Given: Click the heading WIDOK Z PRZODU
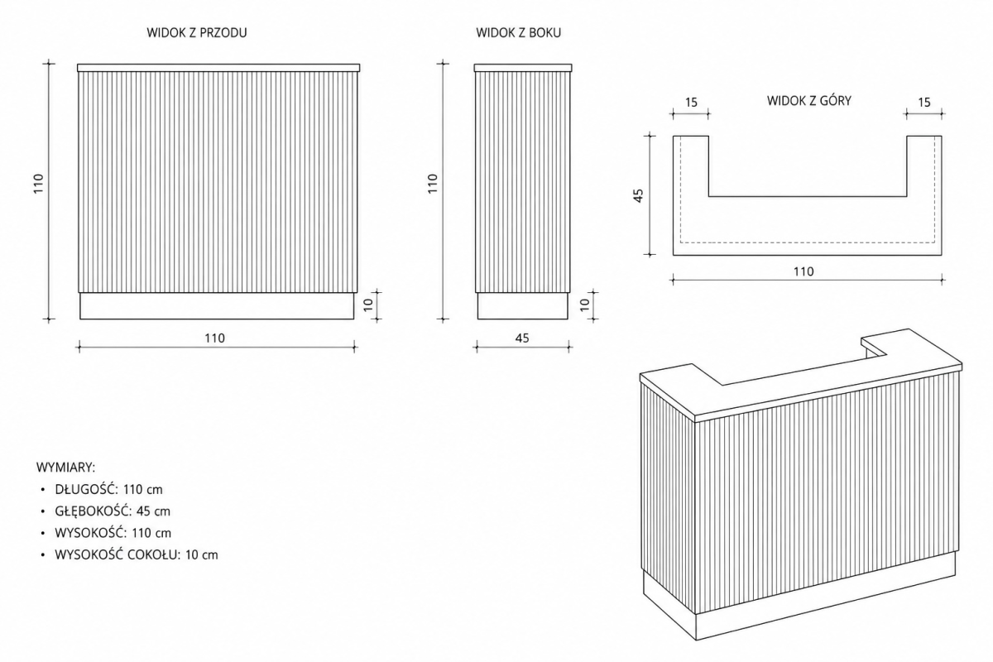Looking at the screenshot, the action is (x=197, y=33).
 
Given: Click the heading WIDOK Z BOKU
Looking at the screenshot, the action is (x=518, y=33).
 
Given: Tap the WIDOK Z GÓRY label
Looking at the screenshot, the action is (x=809, y=101).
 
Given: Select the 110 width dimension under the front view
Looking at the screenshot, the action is (x=214, y=338).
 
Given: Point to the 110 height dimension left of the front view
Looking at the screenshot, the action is (x=39, y=183).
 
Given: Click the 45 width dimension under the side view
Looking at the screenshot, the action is (x=522, y=338).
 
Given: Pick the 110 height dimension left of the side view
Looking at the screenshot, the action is (x=433, y=183).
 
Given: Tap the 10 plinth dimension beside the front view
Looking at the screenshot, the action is (x=369, y=305).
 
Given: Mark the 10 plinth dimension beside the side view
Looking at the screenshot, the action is (x=585, y=305).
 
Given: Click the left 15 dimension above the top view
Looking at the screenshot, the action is (x=691, y=103).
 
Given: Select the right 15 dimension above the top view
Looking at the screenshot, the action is (x=923, y=103).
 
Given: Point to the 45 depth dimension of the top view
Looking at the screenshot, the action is (x=638, y=195).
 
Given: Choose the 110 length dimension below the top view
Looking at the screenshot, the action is (x=804, y=271).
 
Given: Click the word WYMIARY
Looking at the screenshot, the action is (x=65, y=468).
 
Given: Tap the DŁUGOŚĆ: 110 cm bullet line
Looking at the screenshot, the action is (x=108, y=490).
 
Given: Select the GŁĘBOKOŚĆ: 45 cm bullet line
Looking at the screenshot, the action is (x=113, y=511).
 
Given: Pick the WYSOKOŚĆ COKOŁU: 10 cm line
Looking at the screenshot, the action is (x=137, y=554).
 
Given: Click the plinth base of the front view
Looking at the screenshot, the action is (x=217, y=306).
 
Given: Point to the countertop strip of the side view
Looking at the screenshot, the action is (x=523, y=68).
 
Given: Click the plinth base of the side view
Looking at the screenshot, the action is (x=523, y=306).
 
